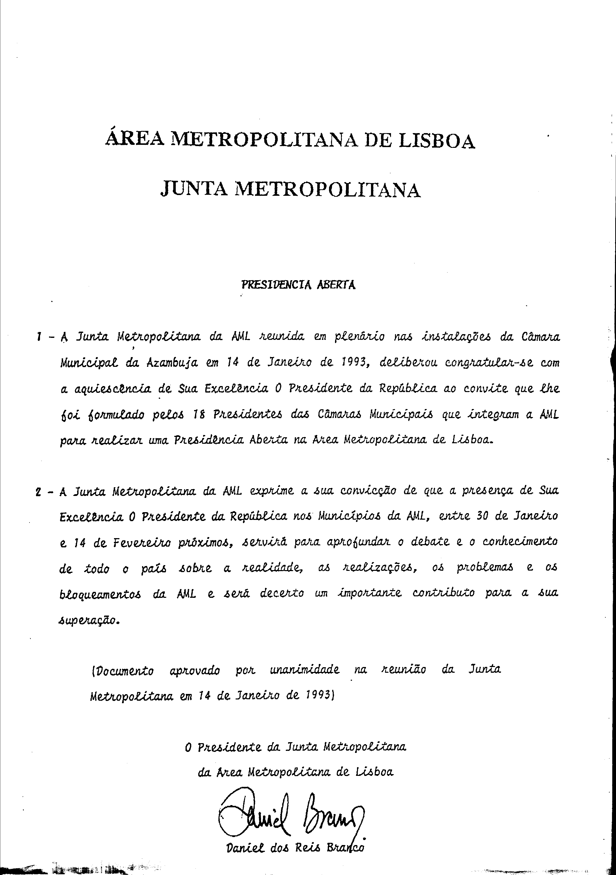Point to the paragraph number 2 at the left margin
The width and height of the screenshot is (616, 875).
[38, 492]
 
